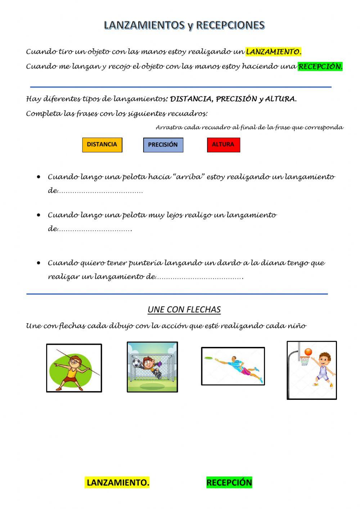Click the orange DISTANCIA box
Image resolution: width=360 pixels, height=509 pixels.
point(102,145)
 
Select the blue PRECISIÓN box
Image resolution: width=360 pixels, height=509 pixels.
point(163,145)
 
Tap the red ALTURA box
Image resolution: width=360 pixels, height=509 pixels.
point(223,145)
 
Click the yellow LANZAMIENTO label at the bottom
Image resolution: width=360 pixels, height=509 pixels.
point(118,482)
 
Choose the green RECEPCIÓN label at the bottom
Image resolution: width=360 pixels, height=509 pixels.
point(229,482)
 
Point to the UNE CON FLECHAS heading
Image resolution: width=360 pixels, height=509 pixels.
point(184,309)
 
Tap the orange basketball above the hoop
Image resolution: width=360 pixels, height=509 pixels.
point(308,352)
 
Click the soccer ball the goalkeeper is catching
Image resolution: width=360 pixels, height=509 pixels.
point(136,362)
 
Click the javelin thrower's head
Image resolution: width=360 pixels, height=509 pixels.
point(75,360)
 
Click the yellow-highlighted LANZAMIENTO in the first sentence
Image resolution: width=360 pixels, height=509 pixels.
point(273,52)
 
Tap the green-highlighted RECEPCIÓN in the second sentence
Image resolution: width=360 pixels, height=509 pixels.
point(320,67)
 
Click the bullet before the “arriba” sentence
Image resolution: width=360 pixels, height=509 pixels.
point(39,177)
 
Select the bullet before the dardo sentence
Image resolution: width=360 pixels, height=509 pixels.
point(39,263)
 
